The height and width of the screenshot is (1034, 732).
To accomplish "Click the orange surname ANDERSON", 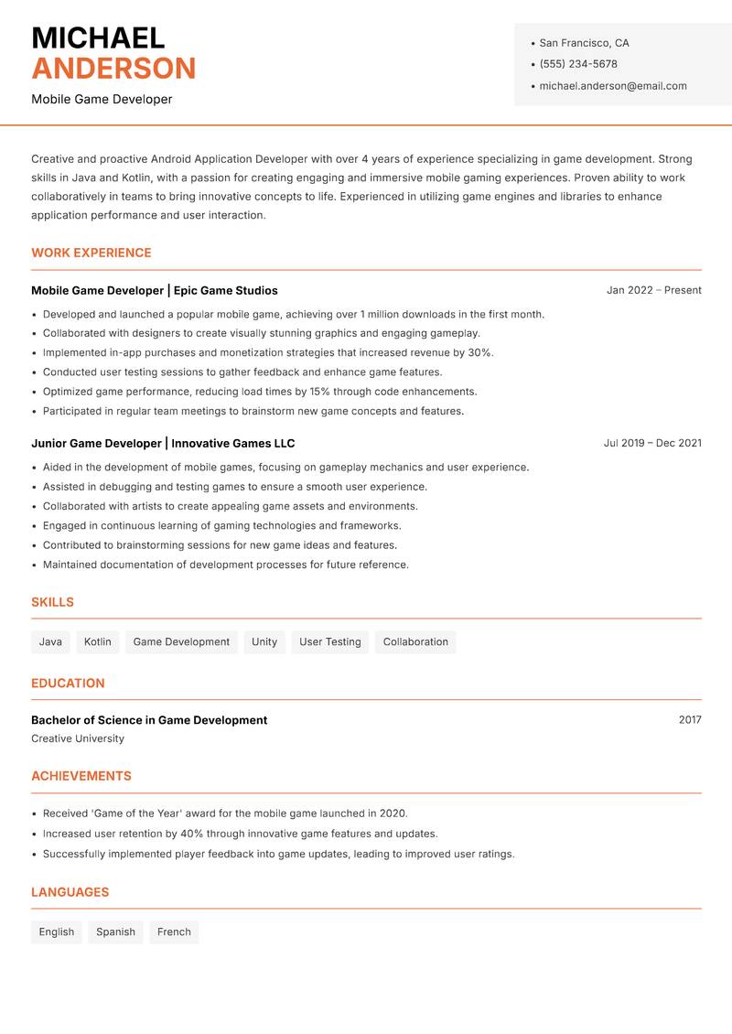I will [x=113, y=69].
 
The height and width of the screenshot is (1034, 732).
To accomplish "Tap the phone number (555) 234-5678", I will [x=577, y=64].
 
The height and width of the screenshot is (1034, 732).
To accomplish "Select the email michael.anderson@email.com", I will [x=612, y=86].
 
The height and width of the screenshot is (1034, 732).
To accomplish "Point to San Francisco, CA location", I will [x=584, y=43].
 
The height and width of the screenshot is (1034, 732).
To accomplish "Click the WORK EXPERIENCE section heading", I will [x=91, y=253].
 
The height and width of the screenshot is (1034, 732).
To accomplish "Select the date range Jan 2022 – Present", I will [x=653, y=290].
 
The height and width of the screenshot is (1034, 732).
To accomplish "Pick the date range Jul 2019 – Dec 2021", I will [x=651, y=443].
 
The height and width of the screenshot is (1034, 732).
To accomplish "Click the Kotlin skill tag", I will [x=97, y=641].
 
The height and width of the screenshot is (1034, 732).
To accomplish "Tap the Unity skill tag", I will [x=264, y=641].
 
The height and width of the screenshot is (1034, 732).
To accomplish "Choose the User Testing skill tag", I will [x=329, y=641].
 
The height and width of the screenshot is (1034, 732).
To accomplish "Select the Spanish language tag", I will [x=115, y=932].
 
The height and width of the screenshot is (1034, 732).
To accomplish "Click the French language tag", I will [x=174, y=932].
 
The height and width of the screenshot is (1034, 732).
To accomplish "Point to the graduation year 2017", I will [x=690, y=720].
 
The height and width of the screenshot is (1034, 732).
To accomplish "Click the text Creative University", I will [x=78, y=738].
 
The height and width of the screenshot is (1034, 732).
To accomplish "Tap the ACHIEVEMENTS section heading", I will [x=81, y=776].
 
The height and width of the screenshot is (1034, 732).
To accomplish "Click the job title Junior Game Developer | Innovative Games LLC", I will [x=163, y=443].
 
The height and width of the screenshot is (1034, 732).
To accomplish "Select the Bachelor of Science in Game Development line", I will [x=149, y=720].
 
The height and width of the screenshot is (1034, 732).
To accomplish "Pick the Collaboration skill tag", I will [x=415, y=641].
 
